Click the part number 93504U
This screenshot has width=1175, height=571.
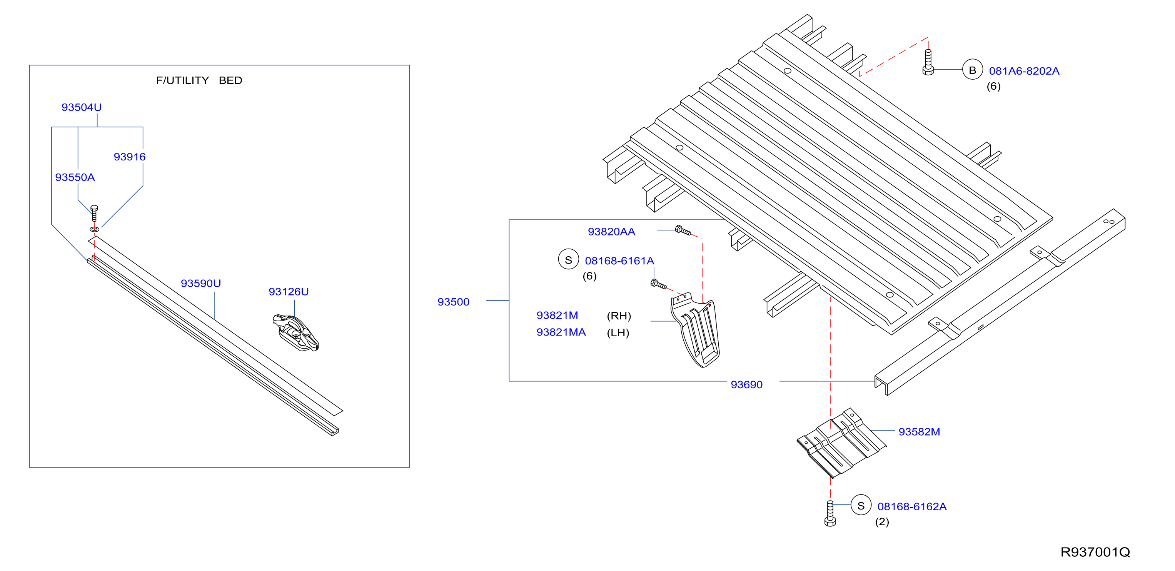point(82,107)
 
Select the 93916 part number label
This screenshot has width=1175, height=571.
point(130,157)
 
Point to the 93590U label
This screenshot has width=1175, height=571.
point(201,283)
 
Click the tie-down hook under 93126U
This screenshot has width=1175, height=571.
point(295,332)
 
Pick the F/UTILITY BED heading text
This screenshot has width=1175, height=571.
point(199,80)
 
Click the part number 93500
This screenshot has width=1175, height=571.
point(453,302)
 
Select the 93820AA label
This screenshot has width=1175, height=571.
point(611,232)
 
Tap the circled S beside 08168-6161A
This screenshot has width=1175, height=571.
point(568,259)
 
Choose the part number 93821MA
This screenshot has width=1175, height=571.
point(561,332)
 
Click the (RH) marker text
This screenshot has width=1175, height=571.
point(619,316)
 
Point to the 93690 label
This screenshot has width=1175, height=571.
point(747,384)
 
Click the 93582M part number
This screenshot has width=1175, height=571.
point(919,432)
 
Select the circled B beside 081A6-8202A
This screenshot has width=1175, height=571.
point(973,70)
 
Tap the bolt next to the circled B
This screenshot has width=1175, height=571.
point(928,62)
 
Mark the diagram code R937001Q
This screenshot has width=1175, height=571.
point(1095,552)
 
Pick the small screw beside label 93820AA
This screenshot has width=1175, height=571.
point(683,230)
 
